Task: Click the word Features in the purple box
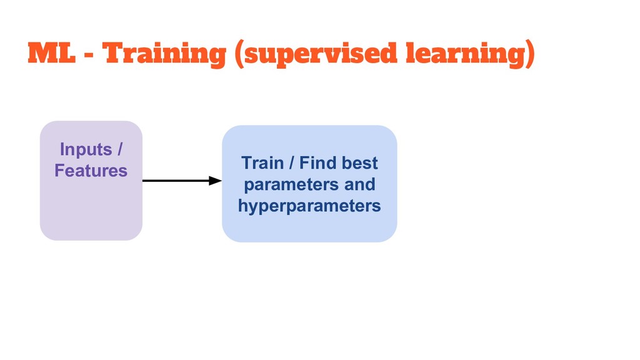click(91, 171)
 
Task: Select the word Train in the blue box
click(262, 164)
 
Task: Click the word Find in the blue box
click(317, 164)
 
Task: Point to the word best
click(359, 164)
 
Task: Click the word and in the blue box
click(360, 185)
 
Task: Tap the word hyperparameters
click(309, 206)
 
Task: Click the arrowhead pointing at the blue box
click(216, 181)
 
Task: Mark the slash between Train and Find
click(290, 164)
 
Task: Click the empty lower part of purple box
click(91, 212)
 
